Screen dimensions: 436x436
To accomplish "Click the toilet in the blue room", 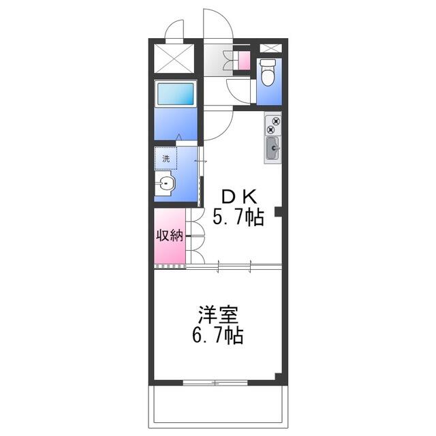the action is pos(268,72).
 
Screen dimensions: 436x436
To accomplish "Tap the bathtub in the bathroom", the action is pos(176,94).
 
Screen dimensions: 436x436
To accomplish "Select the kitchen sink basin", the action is pos(272,149).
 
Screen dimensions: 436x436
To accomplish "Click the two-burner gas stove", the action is pos(272,125).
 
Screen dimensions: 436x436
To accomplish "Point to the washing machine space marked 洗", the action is pos(166,158).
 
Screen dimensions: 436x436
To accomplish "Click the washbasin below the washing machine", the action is pos(164,183).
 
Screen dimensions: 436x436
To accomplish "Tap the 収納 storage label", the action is pos(170,236).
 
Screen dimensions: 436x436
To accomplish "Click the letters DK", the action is pos(238,197).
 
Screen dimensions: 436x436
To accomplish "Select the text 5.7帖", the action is pos(238,217).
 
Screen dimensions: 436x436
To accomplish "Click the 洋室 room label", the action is pos(218,315).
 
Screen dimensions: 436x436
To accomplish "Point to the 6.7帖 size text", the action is pos(218,335).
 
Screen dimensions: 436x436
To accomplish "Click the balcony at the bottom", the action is pos(218,407).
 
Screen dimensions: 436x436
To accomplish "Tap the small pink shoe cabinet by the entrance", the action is pos(245,61).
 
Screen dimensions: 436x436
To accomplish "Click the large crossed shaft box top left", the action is pos(174,59).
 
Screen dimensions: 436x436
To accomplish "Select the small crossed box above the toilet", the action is pos(270,48).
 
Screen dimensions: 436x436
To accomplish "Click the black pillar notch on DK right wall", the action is pos(279,212).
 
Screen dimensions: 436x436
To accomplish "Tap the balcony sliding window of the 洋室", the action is pos(215,383).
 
